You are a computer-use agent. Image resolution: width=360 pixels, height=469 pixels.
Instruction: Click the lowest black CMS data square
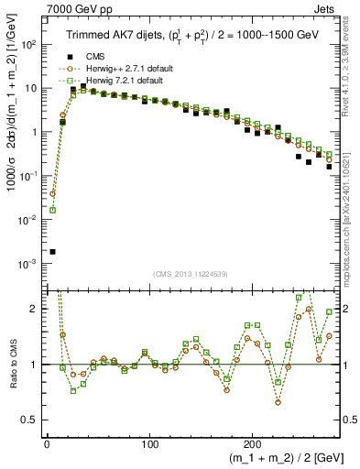point(53,251)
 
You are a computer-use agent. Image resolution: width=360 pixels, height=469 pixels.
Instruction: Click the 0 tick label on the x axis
point(46,441)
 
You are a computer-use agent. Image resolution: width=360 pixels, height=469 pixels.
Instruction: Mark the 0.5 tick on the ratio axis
point(36,420)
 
